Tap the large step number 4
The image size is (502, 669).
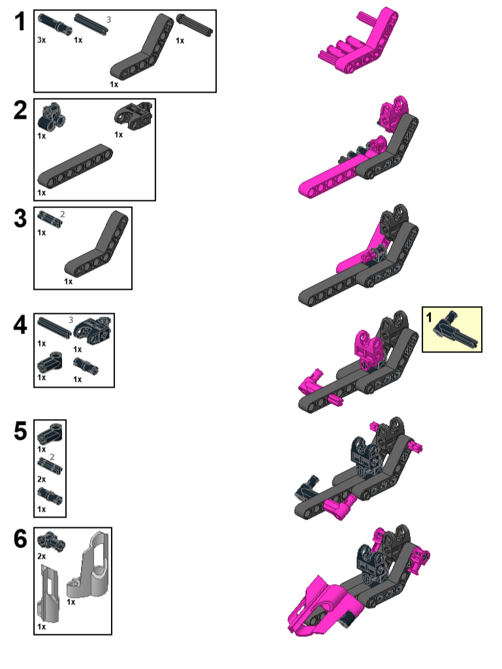20,325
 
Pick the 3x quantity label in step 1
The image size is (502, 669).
42,40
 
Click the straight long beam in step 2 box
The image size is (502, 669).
75,166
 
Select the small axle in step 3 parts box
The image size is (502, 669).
50,219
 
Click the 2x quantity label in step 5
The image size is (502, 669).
42,479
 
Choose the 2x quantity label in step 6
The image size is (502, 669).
42,555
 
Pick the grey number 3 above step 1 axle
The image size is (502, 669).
108,20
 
